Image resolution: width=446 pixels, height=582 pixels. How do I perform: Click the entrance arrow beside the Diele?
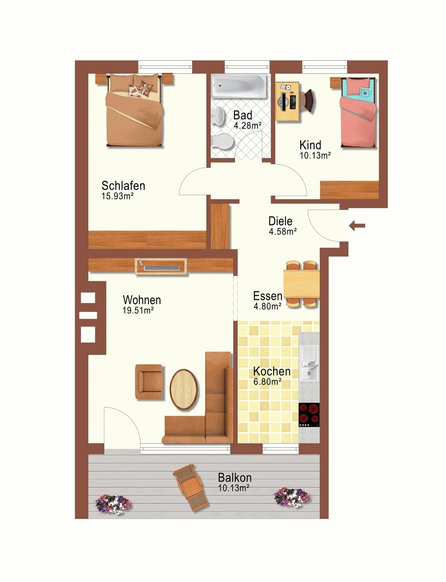[x=357, y=226]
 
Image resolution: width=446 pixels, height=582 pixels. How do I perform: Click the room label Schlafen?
[x=123, y=185]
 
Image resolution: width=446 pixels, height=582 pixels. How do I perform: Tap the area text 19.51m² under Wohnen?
[x=138, y=310]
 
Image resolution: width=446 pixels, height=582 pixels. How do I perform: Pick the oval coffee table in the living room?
[x=184, y=389]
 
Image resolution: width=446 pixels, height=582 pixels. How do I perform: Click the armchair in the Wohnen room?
[x=149, y=382]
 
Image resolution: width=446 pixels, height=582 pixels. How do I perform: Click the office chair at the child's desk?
[x=308, y=100]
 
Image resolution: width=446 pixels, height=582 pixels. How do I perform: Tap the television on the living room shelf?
[x=161, y=268]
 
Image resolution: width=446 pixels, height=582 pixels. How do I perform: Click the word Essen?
[x=268, y=296]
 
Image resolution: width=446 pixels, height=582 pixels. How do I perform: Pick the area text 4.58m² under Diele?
[x=283, y=231]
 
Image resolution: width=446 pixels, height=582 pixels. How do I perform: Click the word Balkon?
[x=235, y=477]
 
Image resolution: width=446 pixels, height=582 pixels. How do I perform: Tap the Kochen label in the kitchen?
[x=272, y=371]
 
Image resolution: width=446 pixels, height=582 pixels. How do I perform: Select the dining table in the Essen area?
[x=301, y=284]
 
